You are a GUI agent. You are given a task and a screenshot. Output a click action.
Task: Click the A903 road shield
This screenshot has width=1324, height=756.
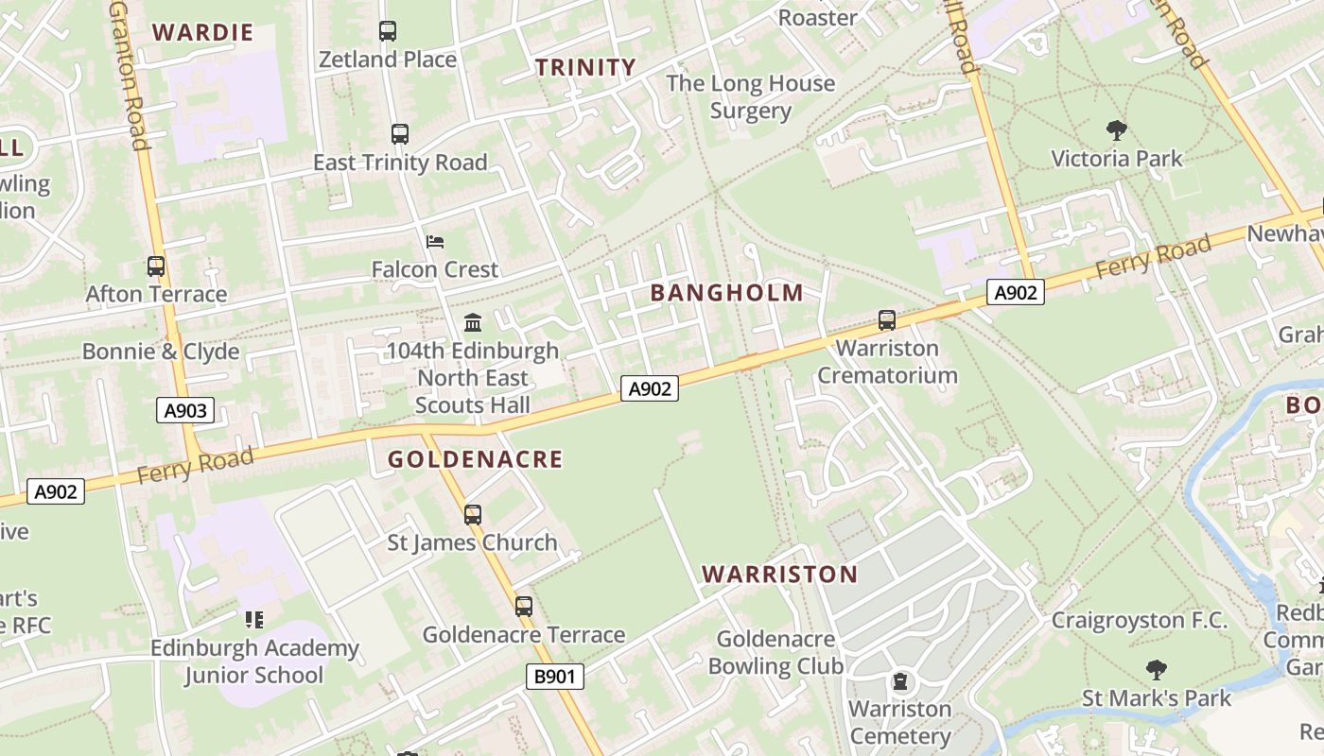[184, 410]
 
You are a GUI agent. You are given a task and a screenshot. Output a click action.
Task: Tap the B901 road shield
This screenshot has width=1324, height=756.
[554, 676]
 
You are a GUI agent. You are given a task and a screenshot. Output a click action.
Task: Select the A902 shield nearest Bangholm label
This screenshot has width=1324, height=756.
[650, 388]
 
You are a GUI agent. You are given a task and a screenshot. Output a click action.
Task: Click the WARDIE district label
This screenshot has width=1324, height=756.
[203, 32]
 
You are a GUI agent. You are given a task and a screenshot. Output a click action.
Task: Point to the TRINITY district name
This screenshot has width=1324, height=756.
[585, 67]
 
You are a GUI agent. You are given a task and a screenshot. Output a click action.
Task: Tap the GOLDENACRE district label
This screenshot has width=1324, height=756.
[475, 459]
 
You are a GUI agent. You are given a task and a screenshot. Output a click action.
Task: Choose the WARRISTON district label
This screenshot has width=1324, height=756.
[780, 574]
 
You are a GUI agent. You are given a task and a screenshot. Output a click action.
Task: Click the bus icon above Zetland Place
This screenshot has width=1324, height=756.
[388, 31]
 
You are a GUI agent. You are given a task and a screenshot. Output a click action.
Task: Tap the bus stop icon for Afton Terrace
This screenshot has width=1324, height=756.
[156, 266]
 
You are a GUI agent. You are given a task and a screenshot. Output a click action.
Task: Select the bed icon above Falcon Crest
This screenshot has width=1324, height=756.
[435, 242]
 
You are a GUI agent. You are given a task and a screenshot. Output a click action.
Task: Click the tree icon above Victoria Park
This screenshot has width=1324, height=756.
[1116, 129]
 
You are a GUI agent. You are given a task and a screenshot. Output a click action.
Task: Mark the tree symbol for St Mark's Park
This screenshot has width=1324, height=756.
[1156, 671]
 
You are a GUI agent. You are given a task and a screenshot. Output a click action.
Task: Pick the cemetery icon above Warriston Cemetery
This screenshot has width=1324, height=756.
[900, 680]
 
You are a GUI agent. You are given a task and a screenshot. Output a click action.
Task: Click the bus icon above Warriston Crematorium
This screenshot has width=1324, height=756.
[886, 320]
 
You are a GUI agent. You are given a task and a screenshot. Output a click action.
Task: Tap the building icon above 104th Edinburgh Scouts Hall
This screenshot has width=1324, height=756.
[473, 323]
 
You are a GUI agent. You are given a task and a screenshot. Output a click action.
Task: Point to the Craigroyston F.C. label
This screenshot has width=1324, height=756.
[1139, 621]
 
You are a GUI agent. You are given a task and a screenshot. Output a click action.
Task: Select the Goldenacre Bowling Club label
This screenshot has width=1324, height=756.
[775, 652]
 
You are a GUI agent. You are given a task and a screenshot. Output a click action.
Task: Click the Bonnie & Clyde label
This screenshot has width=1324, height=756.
[161, 352]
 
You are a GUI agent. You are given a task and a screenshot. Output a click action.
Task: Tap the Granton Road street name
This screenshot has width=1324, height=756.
[130, 76]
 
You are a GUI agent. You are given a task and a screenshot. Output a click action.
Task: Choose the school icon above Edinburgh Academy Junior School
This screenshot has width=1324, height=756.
[253, 620]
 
